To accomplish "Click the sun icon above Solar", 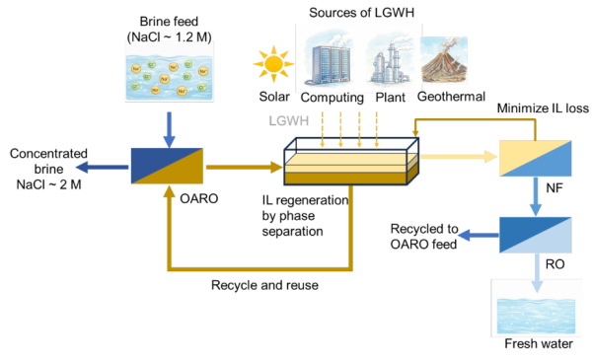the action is [x=273, y=64].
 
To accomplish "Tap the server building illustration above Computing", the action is [x=330, y=59].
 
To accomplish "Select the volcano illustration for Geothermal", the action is [x=444, y=59].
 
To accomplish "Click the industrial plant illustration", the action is [x=389, y=60].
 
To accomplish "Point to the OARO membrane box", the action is [x=167, y=166].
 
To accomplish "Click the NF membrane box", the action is [x=536, y=158].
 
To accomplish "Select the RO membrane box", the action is [x=536, y=235].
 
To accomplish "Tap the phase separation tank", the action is [x=351, y=162].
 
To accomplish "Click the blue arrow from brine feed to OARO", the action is [x=169, y=129].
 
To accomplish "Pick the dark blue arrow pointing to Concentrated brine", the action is [x=102, y=167].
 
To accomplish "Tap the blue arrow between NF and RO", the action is [x=536, y=196].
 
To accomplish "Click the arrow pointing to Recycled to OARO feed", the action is [x=479, y=235].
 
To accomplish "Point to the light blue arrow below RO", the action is [x=537, y=273].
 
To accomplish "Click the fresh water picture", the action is [x=536, y=316].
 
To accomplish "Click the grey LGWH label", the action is [x=289, y=120].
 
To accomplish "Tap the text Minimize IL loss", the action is [x=543, y=108].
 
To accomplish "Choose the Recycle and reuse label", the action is [x=264, y=285].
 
